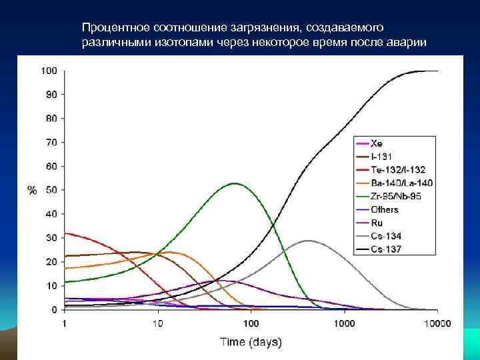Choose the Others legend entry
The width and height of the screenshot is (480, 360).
384,209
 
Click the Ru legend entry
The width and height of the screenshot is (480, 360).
377,223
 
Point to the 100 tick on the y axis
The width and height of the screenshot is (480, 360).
49,71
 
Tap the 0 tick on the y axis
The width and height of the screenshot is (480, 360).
54,310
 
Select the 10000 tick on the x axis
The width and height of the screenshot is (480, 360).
437,324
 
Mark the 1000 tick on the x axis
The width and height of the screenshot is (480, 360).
345,324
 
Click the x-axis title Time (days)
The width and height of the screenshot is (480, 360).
251,342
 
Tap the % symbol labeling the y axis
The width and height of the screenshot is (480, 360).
31,190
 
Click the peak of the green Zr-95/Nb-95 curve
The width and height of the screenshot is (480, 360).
235,183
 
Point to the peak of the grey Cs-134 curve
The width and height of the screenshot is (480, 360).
307,241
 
